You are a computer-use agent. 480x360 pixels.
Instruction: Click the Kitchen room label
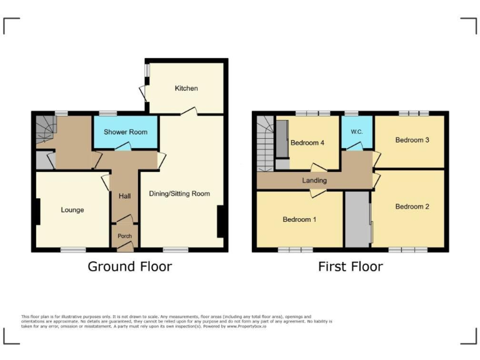[186, 88]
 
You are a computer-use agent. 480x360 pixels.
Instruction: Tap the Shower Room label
[125, 132]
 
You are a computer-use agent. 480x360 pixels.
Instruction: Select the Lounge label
[72, 210]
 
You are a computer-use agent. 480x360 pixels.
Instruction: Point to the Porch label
[124, 236]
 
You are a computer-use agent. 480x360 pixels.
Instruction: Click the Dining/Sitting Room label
[179, 194]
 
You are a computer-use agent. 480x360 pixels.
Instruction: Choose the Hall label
[124, 196]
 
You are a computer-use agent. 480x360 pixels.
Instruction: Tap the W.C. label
[357, 132]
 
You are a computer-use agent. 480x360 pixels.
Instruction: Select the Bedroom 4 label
[307, 142]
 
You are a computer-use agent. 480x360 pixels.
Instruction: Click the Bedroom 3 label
[412, 140]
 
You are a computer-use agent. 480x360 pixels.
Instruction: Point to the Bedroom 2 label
[412, 206]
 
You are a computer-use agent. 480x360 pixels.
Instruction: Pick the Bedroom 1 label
[299, 219]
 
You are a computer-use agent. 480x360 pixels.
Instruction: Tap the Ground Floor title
[129, 267]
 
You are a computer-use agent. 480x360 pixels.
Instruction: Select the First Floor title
[350, 267]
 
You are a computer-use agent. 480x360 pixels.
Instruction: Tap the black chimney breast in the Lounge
[38, 211]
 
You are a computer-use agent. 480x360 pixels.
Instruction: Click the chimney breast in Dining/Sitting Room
[220, 221]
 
